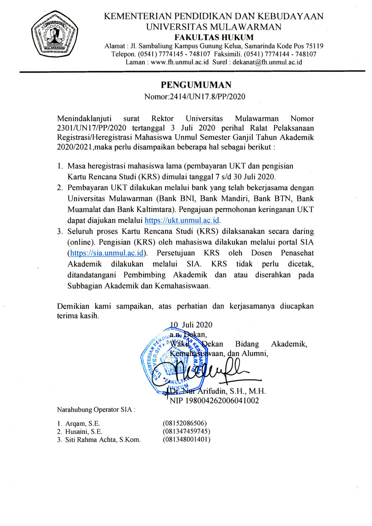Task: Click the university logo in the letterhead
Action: (x=55, y=35)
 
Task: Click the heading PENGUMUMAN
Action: (x=196, y=85)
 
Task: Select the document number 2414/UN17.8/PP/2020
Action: (x=207, y=97)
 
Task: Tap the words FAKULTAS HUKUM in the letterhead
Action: (x=214, y=37)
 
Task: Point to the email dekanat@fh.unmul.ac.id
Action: (x=267, y=62)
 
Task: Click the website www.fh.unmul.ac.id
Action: (x=180, y=62)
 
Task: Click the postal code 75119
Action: (x=314, y=46)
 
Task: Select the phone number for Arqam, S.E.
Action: (x=185, y=423)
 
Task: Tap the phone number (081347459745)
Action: (x=186, y=431)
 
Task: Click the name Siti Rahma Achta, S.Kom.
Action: (x=103, y=440)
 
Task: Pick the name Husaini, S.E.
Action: (x=84, y=432)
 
